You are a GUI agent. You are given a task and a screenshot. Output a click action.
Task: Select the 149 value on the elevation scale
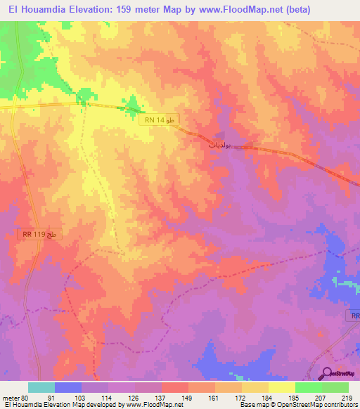click(188, 397)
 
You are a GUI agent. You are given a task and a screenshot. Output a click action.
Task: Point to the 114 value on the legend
click(108, 397)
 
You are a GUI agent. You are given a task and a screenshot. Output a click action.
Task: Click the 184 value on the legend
click(268, 397)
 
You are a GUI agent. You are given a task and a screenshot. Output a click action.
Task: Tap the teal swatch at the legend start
click(41, 387)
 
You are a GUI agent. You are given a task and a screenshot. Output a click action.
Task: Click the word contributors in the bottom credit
click(339, 405)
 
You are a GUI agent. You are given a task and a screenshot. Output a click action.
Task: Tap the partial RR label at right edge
click(353, 316)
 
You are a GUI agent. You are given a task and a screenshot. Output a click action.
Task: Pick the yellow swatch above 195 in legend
click(281, 387)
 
